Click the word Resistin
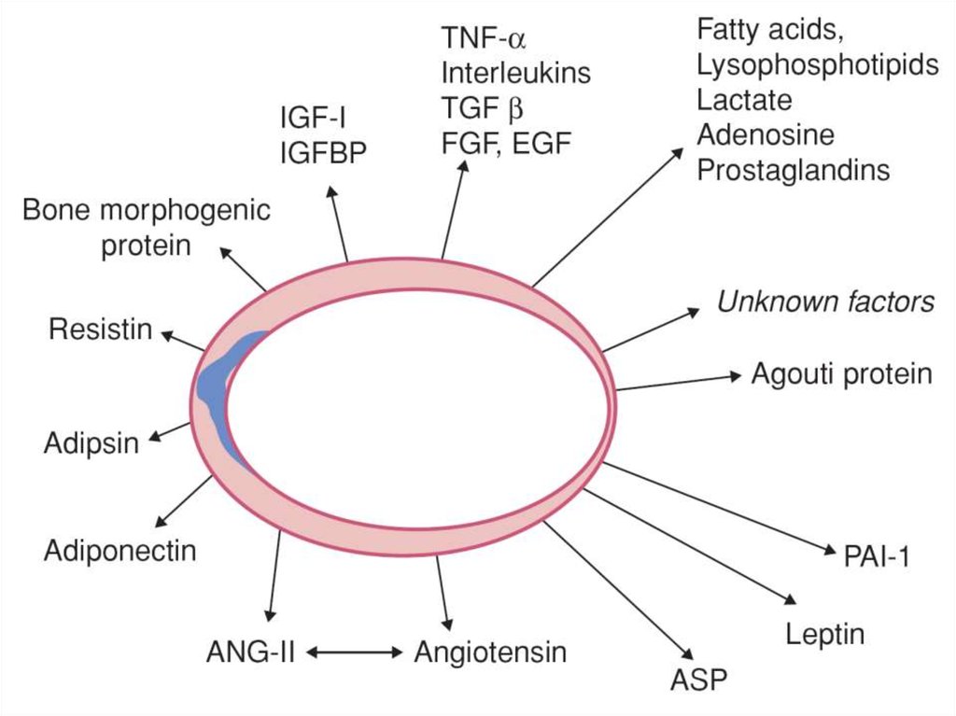coord(101,330)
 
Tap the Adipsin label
coord(91,442)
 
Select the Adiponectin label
coord(120,550)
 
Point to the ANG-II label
coord(251,651)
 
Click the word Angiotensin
coord(490,651)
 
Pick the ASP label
coord(697,679)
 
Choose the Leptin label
coord(824,635)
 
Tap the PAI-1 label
coord(876,557)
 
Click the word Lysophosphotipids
coord(818,64)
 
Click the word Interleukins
coord(516,73)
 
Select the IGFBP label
coord(325,152)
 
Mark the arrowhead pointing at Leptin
coord(795,602)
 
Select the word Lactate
coord(744,100)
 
